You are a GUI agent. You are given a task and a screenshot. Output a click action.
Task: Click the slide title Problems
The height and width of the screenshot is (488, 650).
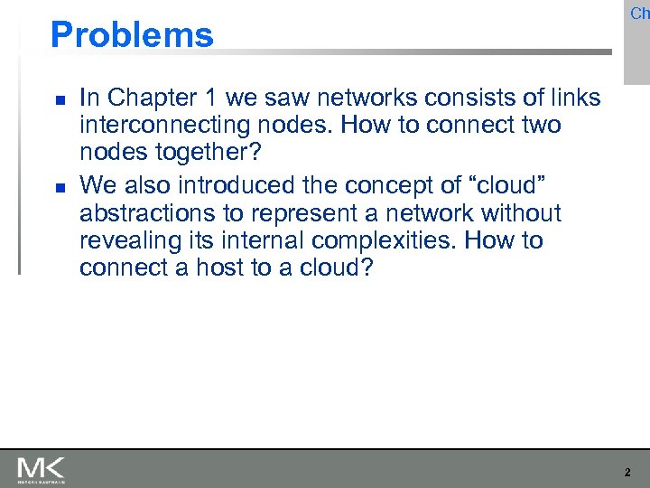pos(132,35)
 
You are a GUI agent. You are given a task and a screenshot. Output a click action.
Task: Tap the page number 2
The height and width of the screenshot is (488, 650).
pos(627,472)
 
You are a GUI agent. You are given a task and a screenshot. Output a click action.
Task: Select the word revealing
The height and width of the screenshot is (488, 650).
pos(133,241)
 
